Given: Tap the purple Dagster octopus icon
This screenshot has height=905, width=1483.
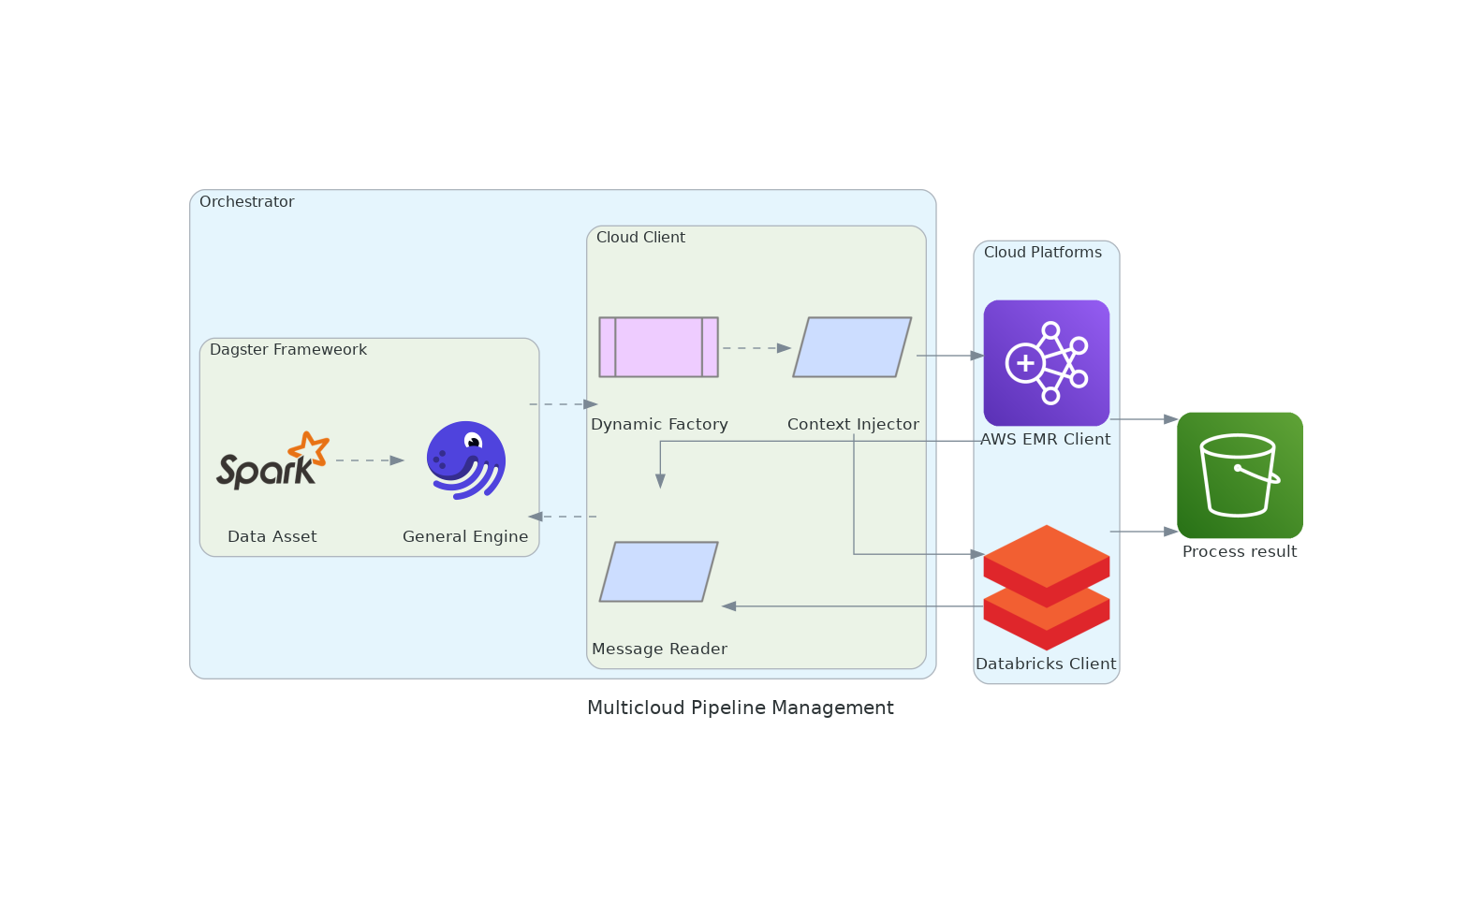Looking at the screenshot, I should pos(465,460).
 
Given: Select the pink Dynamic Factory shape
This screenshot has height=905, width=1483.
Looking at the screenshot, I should pos(658,347).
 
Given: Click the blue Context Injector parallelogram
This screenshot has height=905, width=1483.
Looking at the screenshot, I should pos(852,347).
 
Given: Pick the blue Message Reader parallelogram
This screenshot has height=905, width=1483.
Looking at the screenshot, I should pos(658,572).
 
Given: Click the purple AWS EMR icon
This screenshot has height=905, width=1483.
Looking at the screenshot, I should pos(1046,362).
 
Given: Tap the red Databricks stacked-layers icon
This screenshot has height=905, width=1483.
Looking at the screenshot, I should pos(1046,587).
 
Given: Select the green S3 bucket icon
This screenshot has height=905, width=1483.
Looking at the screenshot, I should pos(1240,474).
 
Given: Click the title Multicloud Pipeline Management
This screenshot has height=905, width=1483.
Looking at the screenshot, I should pos(740,708).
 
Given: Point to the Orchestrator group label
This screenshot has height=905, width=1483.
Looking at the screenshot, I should pos(246,202).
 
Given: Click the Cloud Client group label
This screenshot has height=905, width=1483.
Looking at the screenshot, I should pos(640,238).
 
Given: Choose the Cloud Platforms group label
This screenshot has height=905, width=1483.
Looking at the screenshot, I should pos(1042,253).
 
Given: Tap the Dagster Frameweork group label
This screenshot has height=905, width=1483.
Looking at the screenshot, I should pos(287,350).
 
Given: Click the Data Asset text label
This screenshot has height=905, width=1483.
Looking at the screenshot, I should pos(272,537).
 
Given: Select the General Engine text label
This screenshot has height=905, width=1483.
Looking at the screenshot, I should pos(465,537).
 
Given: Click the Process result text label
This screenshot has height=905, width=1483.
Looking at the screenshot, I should pos(1239,552).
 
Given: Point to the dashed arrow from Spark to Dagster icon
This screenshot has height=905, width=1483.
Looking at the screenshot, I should pos(369,460).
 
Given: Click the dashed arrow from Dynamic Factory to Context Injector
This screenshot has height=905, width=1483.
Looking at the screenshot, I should pos(756,348).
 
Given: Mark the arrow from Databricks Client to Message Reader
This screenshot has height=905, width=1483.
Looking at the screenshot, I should pos(852,606).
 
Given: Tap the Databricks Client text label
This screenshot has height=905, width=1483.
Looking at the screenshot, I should pos(1046,664).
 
